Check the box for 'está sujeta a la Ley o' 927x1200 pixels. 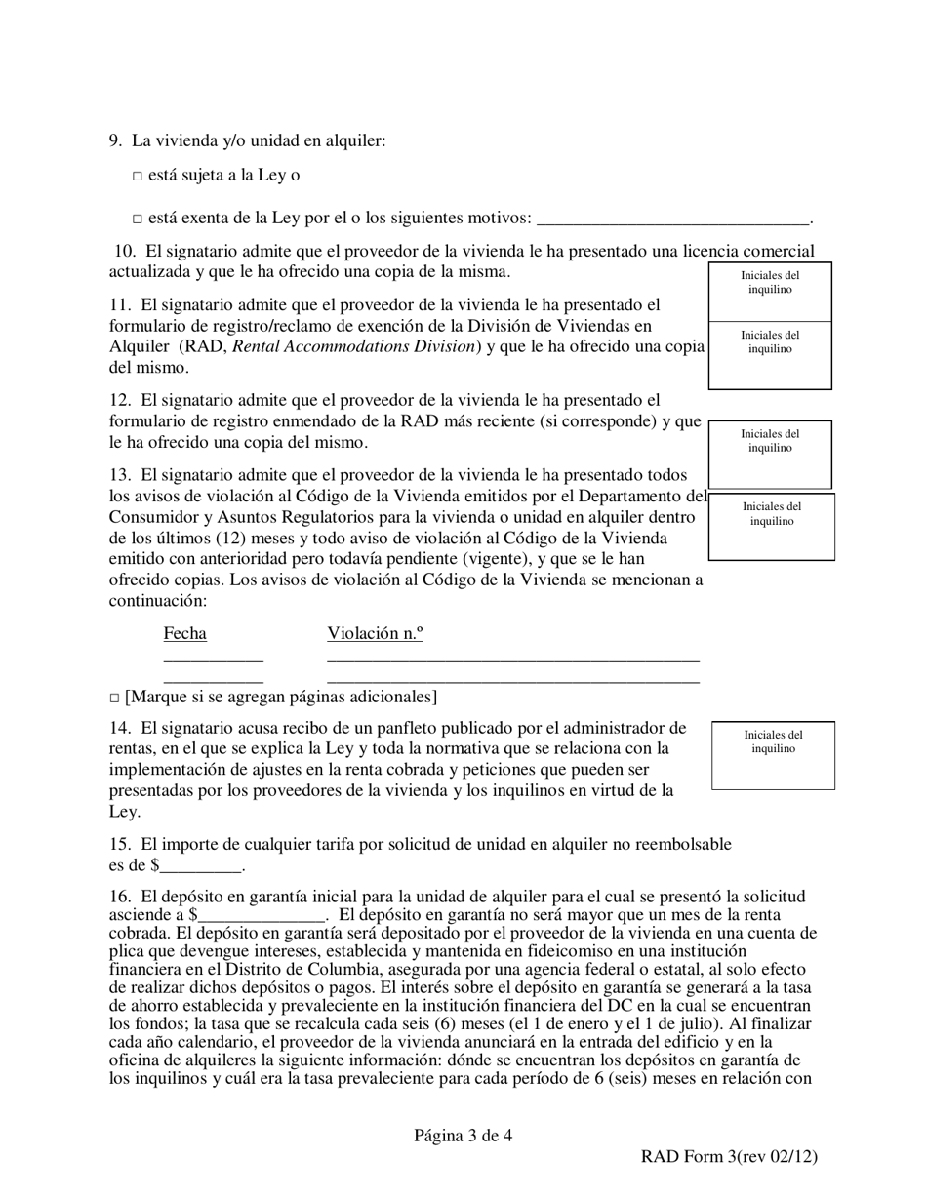pyautogui.click(x=137, y=177)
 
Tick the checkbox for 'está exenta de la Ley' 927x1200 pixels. pyautogui.click(x=137, y=220)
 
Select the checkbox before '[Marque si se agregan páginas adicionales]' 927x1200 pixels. pyautogui.click(x=114, y=699)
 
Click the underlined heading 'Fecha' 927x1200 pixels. pyautogui.click(x=184, y=634)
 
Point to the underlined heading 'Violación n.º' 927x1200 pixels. pyautogui.click(x=375, y=634)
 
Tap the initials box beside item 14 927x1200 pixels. pyautogui.click(x=773, y=755)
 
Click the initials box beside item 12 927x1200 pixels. pyautogui.click(x=770, y=455)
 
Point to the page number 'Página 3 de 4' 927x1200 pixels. pyautogui.click(x=463, y=1135)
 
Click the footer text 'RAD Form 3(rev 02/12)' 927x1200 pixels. pyautogui.click(x=728, y=1157)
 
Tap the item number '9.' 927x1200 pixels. pyautogui.click(x=115, y=141)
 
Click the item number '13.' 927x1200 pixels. pyautogui.click(x=120, y=475)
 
